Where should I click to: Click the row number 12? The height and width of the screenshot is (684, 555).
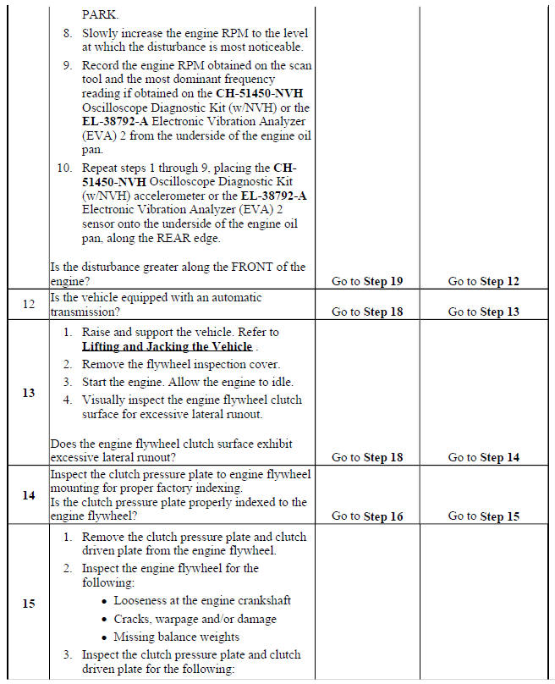pyautogui.click(x=28, y=304)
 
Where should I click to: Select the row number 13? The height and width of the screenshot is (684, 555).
pyautogui.click(x=28, y=393)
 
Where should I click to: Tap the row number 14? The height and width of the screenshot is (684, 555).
pyautogui.click(x=28, y=495)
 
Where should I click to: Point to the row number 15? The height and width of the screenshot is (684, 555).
pyautogui.click(x=28, y=604)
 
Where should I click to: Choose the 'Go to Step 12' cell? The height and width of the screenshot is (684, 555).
pyautogui.click(x=483, y=281)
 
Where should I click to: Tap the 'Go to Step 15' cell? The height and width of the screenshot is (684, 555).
pyautogui.click(x=483, y=516)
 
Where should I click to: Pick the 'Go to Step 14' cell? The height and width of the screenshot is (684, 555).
pyautogui.click(x=483, y=457)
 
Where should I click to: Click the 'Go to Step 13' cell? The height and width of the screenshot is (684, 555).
pyautogui.click(x=483, y=312)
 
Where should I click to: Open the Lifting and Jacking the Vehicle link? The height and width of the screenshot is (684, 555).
pyautogui.click(x=167, y=346)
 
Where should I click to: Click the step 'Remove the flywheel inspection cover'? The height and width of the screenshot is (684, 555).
pyautogui.click(x=182, y=364)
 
